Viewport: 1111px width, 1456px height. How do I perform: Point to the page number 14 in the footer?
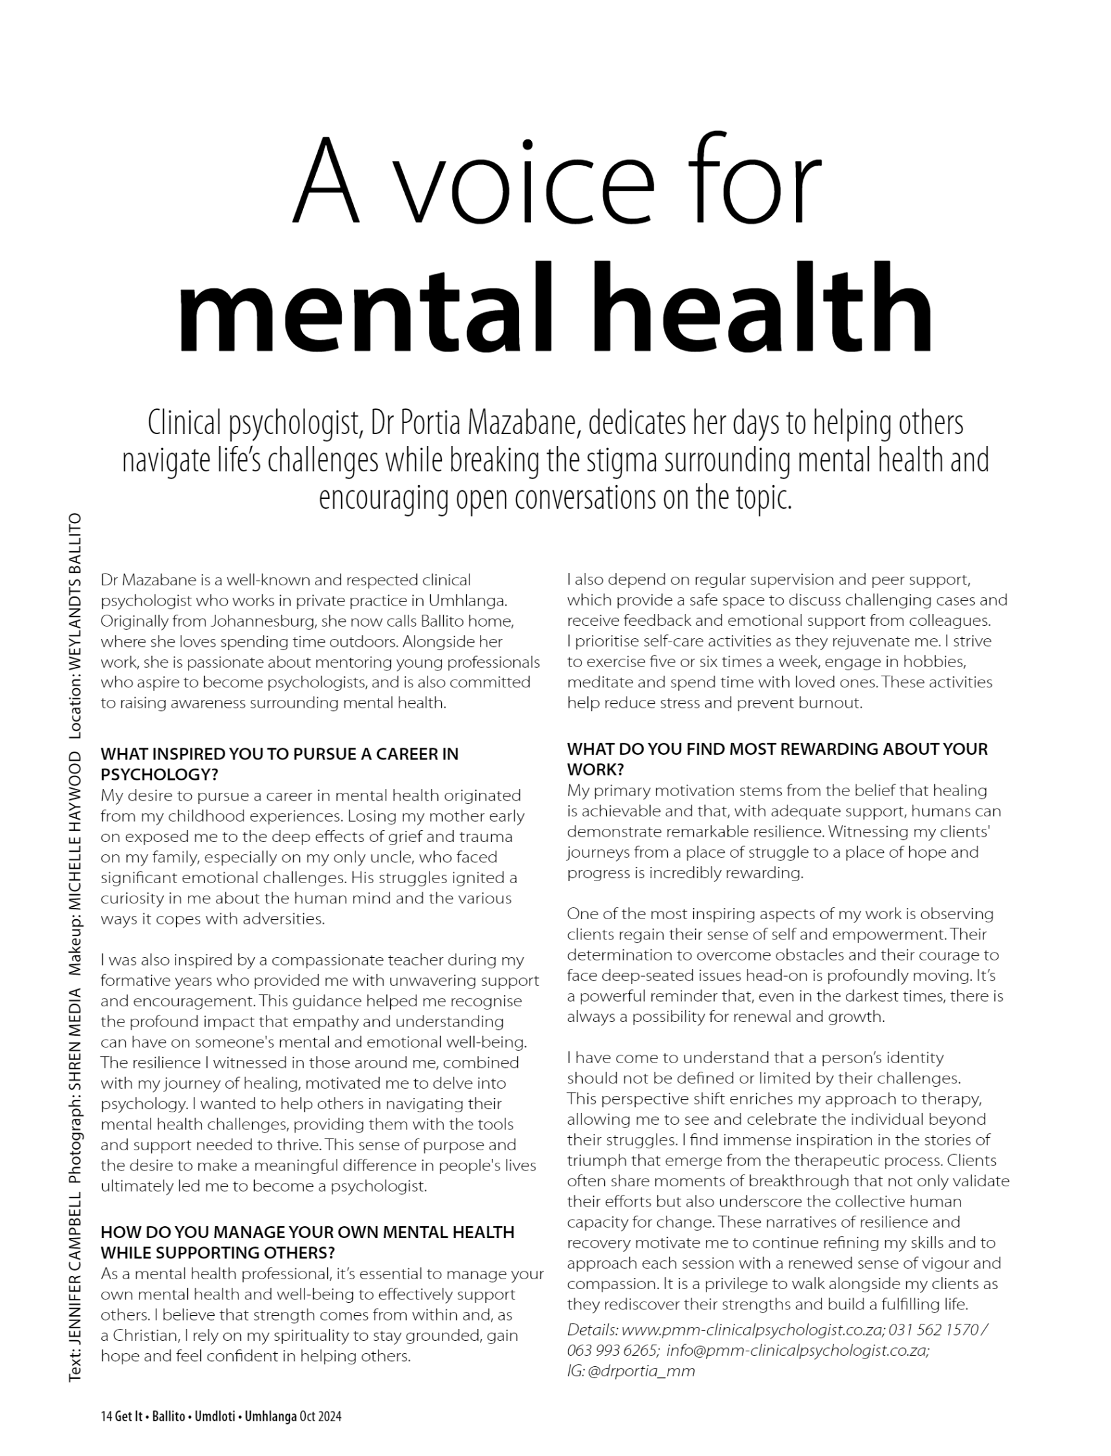tap(106, 1417)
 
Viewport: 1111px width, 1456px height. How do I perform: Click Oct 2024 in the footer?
tap(320, 1417)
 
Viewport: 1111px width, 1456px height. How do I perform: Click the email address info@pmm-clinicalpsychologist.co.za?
tap(797, 1350)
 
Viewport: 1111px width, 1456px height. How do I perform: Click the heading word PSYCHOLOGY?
tap(159, 774)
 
